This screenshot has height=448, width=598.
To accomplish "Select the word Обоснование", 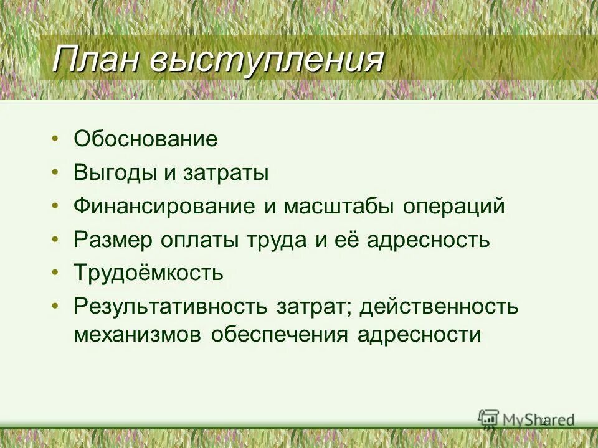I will coord(146,139).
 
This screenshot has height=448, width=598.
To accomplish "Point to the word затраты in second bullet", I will coord(225,172).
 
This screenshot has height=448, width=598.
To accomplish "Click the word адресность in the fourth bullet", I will coord(427,240).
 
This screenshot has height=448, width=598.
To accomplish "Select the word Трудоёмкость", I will coord(148,273).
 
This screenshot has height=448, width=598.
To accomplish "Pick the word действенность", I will coord(439,307).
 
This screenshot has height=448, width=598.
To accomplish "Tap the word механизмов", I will coord(138,335).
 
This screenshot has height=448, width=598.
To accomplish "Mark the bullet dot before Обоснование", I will coord(57,138).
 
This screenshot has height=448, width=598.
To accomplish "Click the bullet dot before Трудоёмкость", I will coord(57,273).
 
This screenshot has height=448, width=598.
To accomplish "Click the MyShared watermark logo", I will coord(526,419).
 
